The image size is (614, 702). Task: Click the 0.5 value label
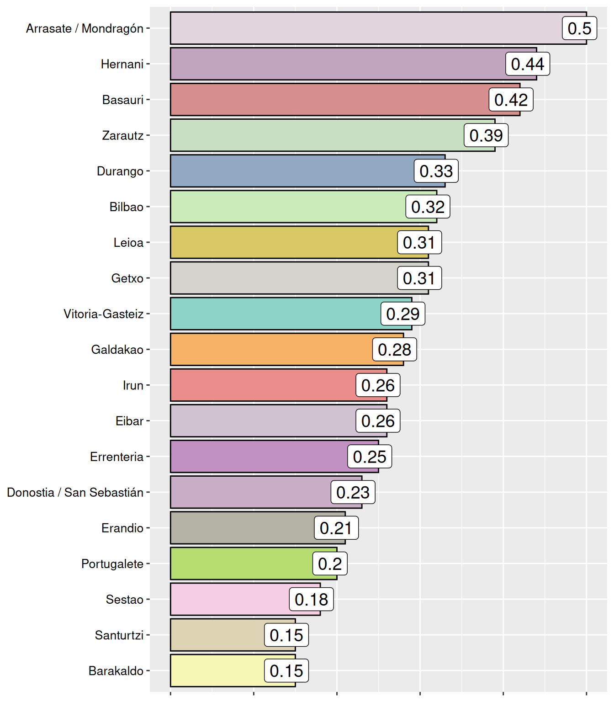pyautogui.click(x=579, y=28)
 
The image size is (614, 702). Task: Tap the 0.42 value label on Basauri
pyautogui.click(x=511, y=100)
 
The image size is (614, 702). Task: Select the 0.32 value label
pyautogui.click(x=428, y=207)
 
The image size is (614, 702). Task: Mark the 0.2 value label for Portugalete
pyautogui.click(x=330, y=564)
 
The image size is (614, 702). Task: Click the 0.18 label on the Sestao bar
pyautogui.click(x=311, y=599)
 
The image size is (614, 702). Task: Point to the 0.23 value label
pyautogui.click(x=353, y=492)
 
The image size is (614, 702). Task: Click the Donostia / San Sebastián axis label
pyautogui.click(x=75, y=492)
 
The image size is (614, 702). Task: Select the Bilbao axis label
pyautogui.click(x=126, y=207)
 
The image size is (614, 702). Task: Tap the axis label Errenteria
pyautogui.click(x=116, y=457)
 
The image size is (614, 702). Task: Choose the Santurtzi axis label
pyautogui.click(x=119, y=635)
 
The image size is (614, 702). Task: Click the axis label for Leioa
pyautogui.click(x=128, y=242)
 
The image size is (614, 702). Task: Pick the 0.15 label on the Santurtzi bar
pyautogui.click(x=286, y=635)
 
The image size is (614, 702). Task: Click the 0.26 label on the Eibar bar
pyautogui.click(x=378, y=421)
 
